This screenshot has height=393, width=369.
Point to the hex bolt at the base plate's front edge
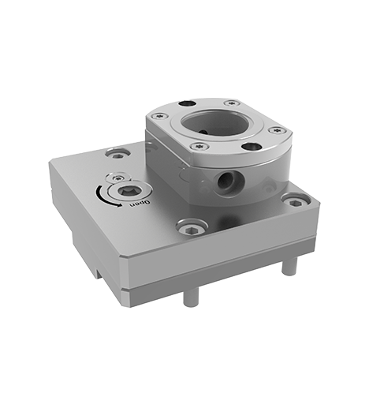pyautogui.click(x=190, y=229)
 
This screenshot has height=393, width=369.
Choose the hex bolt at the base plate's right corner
pyautogui.click(x=294, y=202)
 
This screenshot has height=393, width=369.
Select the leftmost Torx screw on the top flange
pyautogui.click(x=162, y=117)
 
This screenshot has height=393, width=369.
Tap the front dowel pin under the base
pyautogui.click(x=189, y=298)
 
